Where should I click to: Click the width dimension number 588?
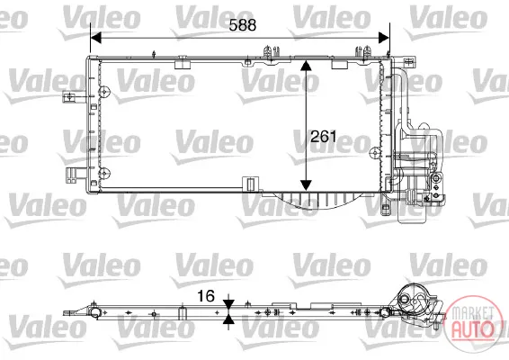pyautogui.click(x=243, y=25)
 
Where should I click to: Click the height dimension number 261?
pyautogui.click(x=324, y=137)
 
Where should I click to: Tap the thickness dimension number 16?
pyautogui.click(x=206, y=296)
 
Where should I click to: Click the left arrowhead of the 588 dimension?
pyautogui.click(x=96, y=38)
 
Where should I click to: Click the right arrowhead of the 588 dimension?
pyautogui.click(x=384, y=38)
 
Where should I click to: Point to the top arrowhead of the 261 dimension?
pyautogui.click(x=306, y=66)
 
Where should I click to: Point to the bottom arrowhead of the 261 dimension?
pyautogui.click(x=306, y=185)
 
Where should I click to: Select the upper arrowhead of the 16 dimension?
pyautogui.click(x=228, y=304)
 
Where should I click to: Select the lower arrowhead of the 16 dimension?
pyautogui.click(x=228, y=319)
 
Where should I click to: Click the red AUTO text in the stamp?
pyautogui.click(x=473, y=329)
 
